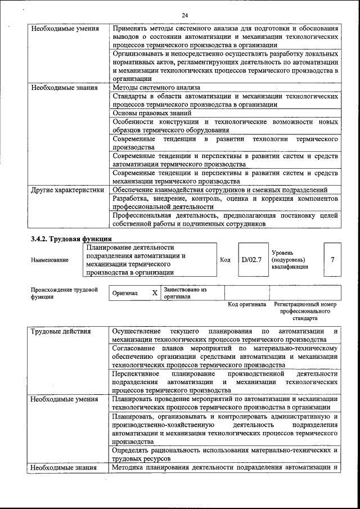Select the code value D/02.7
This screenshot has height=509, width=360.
[x=251, y=260]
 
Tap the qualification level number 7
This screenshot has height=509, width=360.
[x=332, y=260]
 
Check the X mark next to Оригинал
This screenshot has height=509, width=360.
[x=155, y=293]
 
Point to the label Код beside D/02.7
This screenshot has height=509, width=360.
[x=225, y=260]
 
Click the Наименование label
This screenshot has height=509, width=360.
[x=50, y=260]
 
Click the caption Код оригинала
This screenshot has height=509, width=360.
[x=246, y=304]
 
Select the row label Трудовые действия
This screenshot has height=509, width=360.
[x=60, y=331]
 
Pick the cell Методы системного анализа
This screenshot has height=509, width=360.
[x=156, y=88]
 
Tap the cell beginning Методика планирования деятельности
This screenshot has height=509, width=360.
[x=225, y=467]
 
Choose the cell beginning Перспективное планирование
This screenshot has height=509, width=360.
[x=225, y=381]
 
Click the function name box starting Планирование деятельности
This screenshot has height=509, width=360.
[x=148, y=260]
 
